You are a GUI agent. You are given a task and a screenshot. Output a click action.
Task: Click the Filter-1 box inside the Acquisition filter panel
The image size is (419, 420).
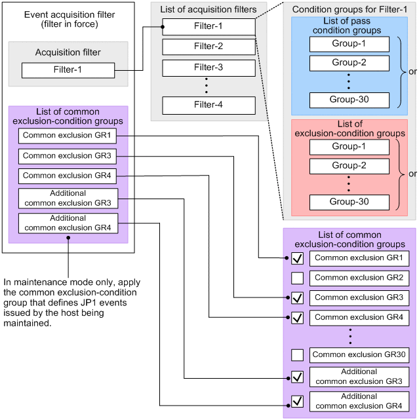tap(68, 70)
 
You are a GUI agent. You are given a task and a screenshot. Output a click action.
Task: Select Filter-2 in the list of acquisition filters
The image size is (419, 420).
tap(209, 47)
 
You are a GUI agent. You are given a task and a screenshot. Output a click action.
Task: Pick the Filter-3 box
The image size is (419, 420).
tap(209, 67)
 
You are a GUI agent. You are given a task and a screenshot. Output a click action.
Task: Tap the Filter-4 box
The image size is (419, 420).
tap(209, 105)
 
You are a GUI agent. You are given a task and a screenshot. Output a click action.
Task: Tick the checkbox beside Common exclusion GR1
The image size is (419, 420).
tap(297, 259)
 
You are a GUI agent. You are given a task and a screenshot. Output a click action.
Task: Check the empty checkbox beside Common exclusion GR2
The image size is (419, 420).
tap(297, 278)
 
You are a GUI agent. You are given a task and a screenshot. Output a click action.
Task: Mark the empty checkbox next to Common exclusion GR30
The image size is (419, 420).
tap(297, 355)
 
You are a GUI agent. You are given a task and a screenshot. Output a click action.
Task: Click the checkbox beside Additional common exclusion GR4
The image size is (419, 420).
tap(297, 401)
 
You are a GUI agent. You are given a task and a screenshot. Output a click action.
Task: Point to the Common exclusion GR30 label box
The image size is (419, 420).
tap(359, 355)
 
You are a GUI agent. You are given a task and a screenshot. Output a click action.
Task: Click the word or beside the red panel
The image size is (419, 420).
tap(412, 175)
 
